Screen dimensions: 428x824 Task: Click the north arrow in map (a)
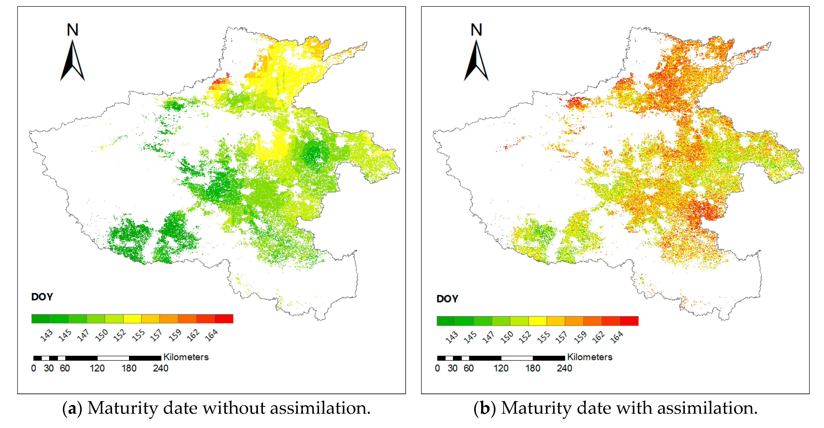(73, 61)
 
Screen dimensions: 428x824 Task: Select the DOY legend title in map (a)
(42, 297)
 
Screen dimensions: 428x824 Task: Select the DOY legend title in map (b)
(447, 299)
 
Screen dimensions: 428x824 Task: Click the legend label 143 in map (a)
(46, 335)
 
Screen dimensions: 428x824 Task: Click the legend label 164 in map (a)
(212, 335)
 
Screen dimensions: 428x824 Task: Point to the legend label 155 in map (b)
(544, 337)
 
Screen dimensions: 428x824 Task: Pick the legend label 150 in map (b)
(507, 337)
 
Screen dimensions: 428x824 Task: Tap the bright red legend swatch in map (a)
(224, 319)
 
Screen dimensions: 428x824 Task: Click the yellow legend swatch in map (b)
(537, 321)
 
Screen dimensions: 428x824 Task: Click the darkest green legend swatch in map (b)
(446, 321)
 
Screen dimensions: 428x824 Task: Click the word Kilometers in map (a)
(186, 357)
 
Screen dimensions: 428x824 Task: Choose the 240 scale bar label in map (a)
(161, 368)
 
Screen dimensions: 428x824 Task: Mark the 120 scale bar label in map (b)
(501, 368)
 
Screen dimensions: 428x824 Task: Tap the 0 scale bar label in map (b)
(437, 368)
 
